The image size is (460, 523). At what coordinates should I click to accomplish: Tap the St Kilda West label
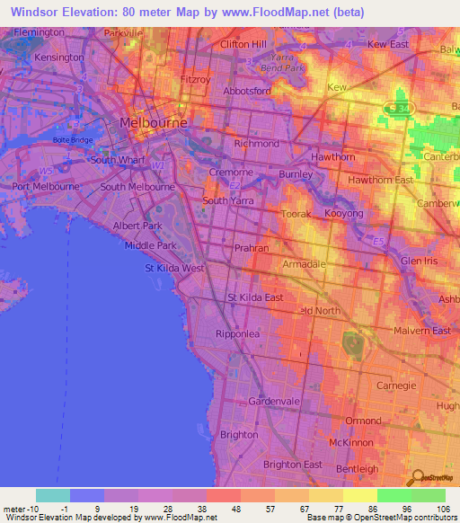tap(174, 268)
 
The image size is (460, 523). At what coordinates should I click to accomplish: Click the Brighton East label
tap(292, 465)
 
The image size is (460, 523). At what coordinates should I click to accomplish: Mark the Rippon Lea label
tap(238, 333)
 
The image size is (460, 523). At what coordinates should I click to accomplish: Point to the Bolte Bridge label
tap(73, 140)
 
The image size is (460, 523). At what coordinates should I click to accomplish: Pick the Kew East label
tap(388, 43)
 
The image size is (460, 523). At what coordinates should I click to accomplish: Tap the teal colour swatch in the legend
tap(52, 495)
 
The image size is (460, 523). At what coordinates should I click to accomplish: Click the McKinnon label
tap(350, 443)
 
